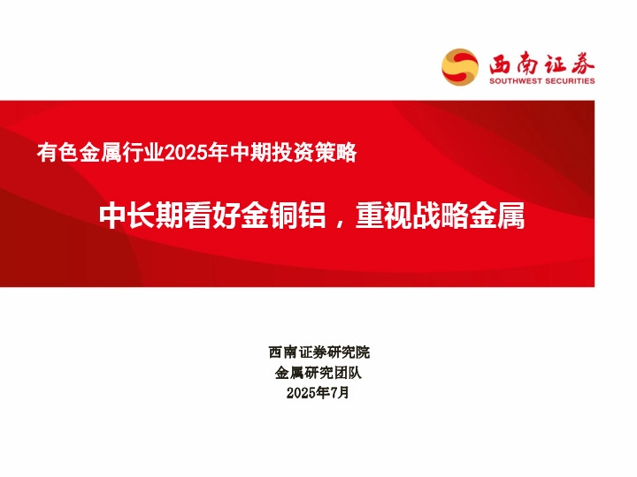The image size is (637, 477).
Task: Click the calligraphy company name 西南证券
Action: click(542, 63)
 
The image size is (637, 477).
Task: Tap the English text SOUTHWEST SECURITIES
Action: click(542, 80)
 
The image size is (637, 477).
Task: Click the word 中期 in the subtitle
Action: click(245, 153)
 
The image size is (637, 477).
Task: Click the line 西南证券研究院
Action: click(318, 352)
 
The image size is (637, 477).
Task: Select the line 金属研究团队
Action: click(318, 373)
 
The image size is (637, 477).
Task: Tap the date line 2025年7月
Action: click(318, 393)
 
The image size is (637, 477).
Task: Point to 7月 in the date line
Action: click(340, 393)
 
